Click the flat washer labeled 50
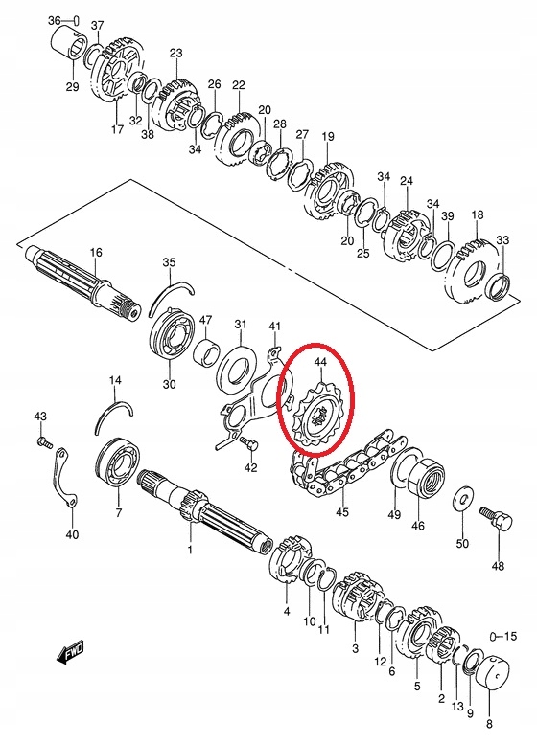(x=462, y=499)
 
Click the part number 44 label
(x=320, y=362)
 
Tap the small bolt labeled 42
(x=248, y=443)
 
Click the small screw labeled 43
(x=42, y=441)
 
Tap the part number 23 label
(x=175, y=53)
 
